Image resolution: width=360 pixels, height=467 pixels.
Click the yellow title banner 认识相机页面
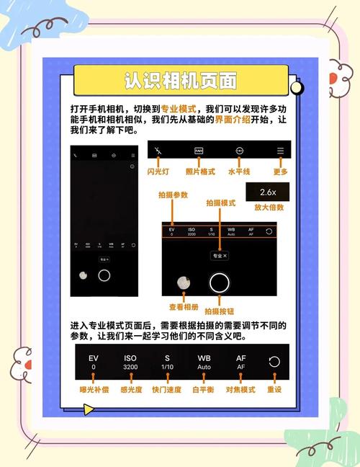click(181, 79)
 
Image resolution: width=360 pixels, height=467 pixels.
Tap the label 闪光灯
click(158, 172)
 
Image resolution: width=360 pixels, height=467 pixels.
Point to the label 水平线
click(239, 172)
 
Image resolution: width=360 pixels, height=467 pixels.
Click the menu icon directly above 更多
click(281, 152)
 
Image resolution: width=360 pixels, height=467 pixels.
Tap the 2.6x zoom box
click(268, 192)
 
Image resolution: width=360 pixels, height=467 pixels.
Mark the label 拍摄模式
click(220, 204)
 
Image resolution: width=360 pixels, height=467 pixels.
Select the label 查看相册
click(183, 307)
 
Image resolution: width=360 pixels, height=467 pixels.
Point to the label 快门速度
click(167, 389)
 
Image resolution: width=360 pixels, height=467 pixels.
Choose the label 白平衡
click(204, 389)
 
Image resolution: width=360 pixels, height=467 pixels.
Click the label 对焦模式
click(241, 389)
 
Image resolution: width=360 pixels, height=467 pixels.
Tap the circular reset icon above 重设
click(274, 362)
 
